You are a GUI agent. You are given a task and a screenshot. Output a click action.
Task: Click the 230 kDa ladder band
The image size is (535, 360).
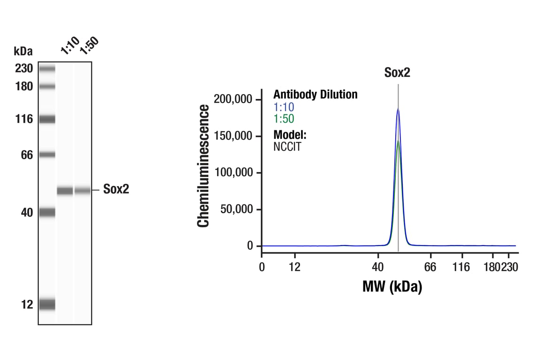[47, 69]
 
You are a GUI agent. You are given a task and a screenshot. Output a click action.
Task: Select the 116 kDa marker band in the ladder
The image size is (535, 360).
[47, 119]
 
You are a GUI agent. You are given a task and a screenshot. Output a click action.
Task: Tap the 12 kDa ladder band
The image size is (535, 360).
[47, 304]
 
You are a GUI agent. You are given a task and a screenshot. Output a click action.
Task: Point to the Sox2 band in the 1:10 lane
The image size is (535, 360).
[65, 190]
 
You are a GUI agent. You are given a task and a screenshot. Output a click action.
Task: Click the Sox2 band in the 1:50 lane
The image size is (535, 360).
[83, 190]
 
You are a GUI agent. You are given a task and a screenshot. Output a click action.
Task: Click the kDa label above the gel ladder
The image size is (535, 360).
[23, 51]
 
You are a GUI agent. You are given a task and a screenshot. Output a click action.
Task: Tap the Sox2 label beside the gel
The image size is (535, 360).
[116, 190]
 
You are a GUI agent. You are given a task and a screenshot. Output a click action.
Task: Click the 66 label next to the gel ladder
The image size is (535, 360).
[27, 155]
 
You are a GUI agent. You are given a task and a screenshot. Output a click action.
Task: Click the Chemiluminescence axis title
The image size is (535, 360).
[203, 166]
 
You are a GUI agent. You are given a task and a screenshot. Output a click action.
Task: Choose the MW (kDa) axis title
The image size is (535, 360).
[392, 286]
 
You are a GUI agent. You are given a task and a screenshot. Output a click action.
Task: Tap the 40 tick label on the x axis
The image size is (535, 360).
[377, 268]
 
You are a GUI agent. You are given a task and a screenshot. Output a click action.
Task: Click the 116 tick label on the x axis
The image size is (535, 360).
[462, 268]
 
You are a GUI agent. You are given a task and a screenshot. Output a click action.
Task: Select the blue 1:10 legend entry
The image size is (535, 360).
[284, 107]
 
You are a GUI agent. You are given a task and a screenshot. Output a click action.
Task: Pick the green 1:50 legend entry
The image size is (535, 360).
[284, 119]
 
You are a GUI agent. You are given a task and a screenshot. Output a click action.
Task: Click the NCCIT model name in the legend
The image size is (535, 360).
[287, 146]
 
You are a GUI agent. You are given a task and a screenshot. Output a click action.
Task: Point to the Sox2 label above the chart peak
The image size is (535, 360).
[398, 72]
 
